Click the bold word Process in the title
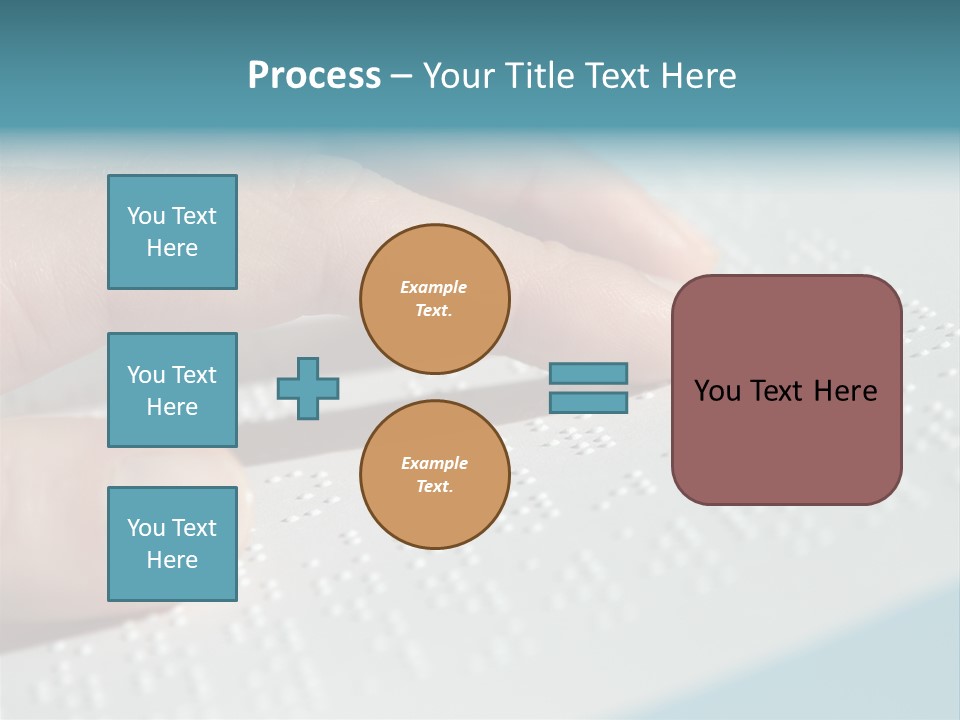[x=314, y=76]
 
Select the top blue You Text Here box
[x=172, y=232]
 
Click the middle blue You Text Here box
[x=172, y=390]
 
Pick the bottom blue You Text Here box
[x=172, y=543]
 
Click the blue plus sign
[x=308, y=388]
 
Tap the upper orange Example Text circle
[x=434, y=299]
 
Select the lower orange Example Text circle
[x=434, y=475]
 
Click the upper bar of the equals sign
[x=588, y=373]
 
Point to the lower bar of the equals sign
[x=588, y=403]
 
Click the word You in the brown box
[x=717, y=391]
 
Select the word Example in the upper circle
[x=433, y=288]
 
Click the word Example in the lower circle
[x=434, y=464]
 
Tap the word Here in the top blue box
[x=172, y=248]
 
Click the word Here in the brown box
[x=845, y=391]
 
